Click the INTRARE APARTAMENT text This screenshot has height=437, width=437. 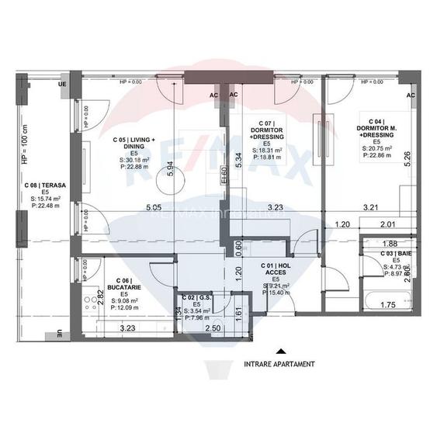279,363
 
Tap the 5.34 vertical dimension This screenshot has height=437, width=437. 239,161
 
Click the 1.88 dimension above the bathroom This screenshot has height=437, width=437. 390,243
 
